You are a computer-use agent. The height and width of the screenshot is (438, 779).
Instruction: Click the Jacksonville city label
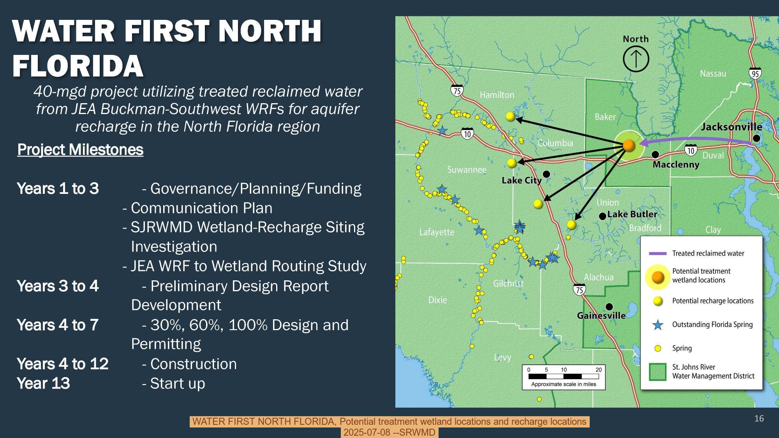click(731, 127)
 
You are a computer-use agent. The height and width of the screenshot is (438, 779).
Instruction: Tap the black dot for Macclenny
click(656, 155)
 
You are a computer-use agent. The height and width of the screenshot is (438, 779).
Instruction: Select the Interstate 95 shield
click(755, 73)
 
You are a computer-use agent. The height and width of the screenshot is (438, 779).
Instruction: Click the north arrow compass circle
click(636, 59)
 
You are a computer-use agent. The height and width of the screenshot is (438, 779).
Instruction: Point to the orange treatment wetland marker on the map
click(629, 146)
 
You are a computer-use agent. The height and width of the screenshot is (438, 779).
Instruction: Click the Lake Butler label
click(632, 214)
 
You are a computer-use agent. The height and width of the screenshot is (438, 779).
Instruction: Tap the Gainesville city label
click(601, 315)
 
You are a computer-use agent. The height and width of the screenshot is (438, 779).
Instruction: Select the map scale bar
click(563, 376)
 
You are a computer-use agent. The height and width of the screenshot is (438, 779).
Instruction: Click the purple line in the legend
click(657, 253)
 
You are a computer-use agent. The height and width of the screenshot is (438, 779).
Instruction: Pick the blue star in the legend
click(657, 325)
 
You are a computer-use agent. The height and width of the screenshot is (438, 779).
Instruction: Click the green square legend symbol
click(657, 371)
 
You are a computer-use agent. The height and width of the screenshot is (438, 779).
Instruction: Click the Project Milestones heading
click(80, 150)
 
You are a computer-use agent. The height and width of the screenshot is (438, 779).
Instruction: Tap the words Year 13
click(43, 383)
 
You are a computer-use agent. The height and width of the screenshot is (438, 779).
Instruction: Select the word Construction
click(193, 364)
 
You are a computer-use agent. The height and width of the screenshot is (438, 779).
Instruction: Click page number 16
click(759, 419)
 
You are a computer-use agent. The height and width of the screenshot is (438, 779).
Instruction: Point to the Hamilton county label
click(497, 95)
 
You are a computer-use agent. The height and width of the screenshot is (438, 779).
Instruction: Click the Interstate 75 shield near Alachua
click(579, 289)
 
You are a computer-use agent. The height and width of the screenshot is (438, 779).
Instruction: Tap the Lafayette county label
click(437, 232)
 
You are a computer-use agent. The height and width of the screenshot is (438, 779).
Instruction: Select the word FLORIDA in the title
click(78, 66)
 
